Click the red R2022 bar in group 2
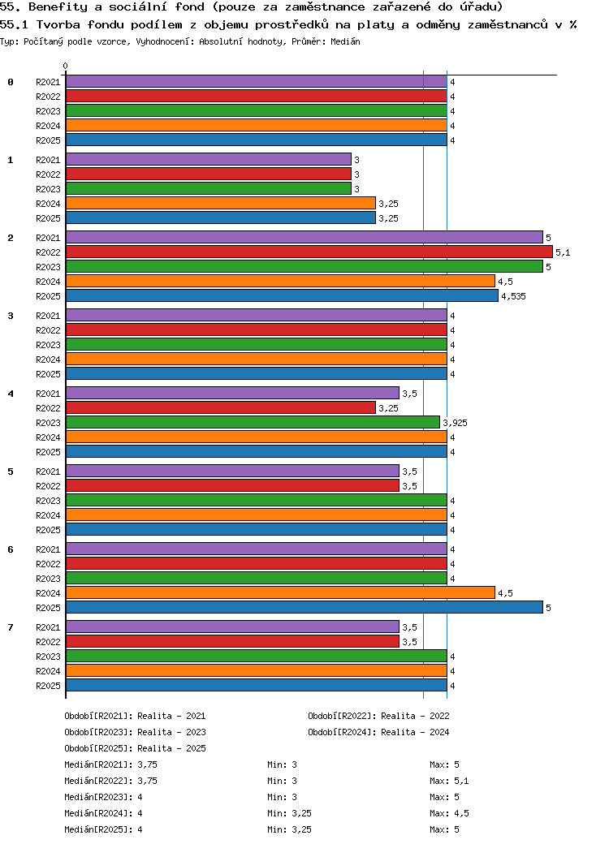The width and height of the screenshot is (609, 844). (x=309, y=252)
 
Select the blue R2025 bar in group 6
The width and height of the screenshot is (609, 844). (x=304, y=608)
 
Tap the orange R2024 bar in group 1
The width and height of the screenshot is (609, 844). (x=220, y=204)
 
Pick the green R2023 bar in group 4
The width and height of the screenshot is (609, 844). (x=253, y=423)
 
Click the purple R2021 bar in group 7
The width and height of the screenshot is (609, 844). (x=232, y=627)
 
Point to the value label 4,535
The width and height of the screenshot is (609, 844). (x=513, y=296)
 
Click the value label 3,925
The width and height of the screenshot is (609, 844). (x=455, y=423)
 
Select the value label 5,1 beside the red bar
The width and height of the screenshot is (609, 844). (x=563, y=252)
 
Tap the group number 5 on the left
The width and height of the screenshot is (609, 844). (x=11, y=472)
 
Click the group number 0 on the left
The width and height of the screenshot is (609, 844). (x=11, y=82)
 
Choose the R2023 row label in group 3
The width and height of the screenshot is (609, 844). (x=48, y=345)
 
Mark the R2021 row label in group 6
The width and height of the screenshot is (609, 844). (x=48, y=549)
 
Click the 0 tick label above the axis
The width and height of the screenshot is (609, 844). (x=66, y=66)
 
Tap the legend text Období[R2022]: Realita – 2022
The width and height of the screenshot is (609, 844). (x=378, y=716)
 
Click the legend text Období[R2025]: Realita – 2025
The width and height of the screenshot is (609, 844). (x=135, y=748)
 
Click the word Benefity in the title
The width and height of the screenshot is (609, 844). (x=56, y=7)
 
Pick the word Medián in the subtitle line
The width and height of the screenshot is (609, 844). (x=346, y=41)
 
